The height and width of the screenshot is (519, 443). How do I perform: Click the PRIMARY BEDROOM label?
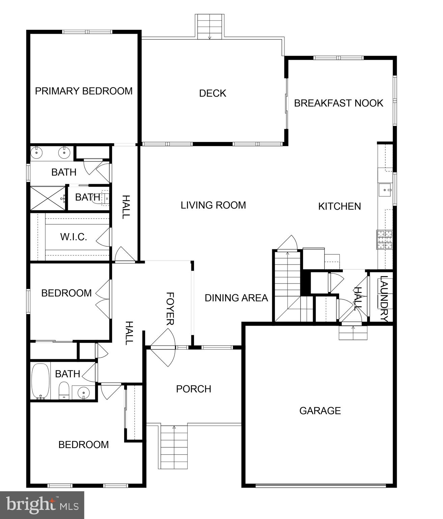84,91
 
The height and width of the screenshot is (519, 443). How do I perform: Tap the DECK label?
213,93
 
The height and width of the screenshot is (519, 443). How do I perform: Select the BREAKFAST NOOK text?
338,103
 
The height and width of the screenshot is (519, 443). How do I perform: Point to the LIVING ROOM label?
213,205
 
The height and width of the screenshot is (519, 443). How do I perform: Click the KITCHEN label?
339,206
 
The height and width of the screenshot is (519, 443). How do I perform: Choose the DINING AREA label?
236,298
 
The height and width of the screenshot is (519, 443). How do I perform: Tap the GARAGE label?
320,411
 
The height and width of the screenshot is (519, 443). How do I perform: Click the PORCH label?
194,389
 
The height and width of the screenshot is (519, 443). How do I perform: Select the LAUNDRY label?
384,298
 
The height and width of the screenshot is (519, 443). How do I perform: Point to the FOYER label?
170,308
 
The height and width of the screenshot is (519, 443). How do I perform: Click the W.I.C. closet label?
74,237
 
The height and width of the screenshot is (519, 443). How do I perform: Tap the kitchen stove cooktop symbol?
385,240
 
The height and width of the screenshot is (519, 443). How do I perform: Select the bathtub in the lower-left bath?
40,381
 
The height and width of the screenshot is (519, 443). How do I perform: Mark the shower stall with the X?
48,198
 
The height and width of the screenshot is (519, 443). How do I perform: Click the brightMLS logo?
42,505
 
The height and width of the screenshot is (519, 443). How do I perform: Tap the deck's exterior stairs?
210,27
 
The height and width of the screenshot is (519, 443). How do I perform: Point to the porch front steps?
174,447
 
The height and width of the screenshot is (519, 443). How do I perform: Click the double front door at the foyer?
163,347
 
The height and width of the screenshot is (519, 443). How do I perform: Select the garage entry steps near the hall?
353,333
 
